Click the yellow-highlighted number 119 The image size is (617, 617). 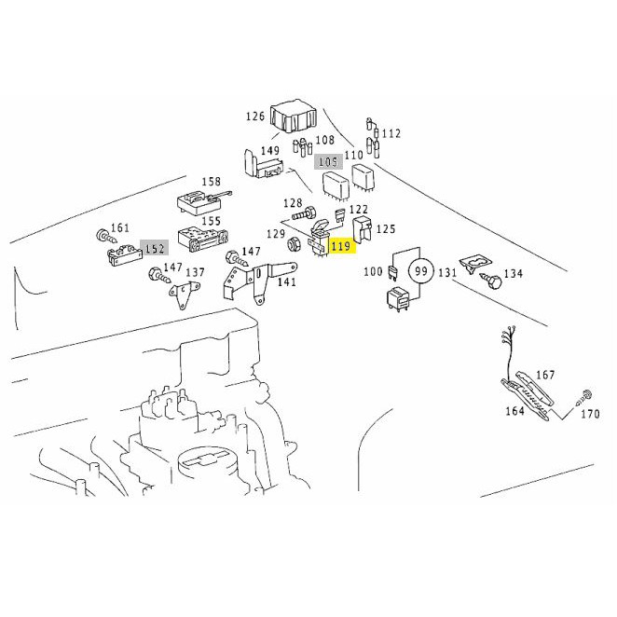click(342, 246)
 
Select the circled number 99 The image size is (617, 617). click(420, 271)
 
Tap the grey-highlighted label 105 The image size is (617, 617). click(328, 161)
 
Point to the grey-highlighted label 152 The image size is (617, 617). click(155, 249)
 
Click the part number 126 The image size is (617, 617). click(255, 117)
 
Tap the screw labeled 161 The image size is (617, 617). click(106, 237)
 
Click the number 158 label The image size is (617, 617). click(212, 182)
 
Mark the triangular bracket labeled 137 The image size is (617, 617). click(182, 295)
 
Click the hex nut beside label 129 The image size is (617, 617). click(294, 245)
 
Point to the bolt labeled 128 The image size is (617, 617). click(304, 214)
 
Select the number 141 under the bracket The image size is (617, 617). click(286, 282)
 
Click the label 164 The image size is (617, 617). click(514, 411)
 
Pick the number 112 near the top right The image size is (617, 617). click(391, 133)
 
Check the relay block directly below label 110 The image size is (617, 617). click(363, 177)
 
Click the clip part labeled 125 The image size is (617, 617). click(363, 227)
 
